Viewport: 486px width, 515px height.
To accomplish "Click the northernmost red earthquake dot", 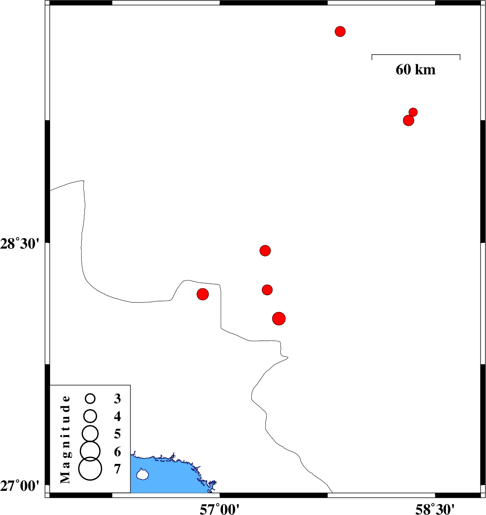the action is click(x=340, y=31).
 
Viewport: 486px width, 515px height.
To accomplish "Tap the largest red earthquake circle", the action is click(x=279, y=318).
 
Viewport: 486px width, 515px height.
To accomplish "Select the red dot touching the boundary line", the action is click(x=203, y=294).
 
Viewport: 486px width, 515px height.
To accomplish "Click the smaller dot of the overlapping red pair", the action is click(x=413, y=112).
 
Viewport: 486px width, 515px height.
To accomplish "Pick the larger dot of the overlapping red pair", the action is click(x=408, y=120).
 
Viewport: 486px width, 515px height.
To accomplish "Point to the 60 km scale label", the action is click(x=415, y=70).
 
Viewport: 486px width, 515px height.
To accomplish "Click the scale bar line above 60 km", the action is click(x=416, y=55).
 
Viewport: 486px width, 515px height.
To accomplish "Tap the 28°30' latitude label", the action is click(x=20, y=244).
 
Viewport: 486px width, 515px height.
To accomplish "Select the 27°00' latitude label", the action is click(x=20, y=486).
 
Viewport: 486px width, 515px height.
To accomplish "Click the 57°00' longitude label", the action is click(x=220, y=509).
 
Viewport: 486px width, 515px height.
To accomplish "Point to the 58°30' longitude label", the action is click(x=435, y=509).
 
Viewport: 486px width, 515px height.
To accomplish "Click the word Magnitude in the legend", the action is click(x=65, y=439).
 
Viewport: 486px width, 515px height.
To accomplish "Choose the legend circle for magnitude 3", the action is click(x=90, y=399).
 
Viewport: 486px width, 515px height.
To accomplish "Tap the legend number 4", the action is click(x=118, y=416).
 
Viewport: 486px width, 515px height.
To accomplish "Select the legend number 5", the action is click(x=118, y=434).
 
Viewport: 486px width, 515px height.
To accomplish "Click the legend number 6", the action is click(x=118, y=452).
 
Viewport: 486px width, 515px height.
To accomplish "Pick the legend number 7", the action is click(x=118, y=469).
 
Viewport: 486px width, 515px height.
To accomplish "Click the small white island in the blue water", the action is click(x=142, y=474).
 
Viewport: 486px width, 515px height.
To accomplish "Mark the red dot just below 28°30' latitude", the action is click(x=265, y=250).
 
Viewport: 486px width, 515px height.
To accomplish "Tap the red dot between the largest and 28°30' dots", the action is click(x=268, y=290).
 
